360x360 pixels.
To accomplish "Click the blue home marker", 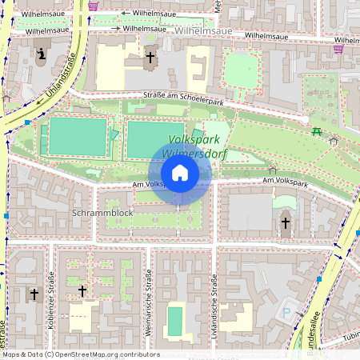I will click(x=180, y=173).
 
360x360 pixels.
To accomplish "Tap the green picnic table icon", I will click(x=318, y=130).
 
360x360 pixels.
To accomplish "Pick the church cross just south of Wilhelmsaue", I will click(x=150, y=58).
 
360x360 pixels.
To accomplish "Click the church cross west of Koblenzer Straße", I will click(x=34, y=294).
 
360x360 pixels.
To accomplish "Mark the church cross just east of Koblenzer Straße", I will click(x=82, y=290).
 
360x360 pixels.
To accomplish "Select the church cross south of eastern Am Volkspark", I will click(x=286, y=223).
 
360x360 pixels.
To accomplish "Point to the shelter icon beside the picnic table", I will click(x=334, y=141).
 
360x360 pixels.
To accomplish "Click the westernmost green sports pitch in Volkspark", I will click(x=77, y=137).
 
